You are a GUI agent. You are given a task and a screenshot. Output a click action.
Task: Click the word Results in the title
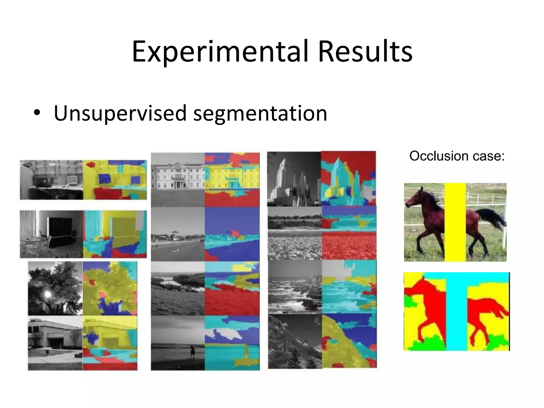pos(365,52)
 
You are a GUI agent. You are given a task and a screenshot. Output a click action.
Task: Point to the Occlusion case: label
pos(457,156)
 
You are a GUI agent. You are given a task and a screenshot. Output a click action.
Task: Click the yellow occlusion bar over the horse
pos(455,222)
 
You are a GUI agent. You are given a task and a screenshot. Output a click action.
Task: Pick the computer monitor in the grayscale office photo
pos(72,181)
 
